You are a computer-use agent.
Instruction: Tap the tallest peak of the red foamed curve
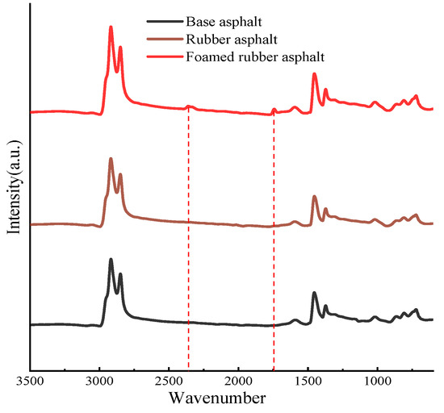coord(111,27)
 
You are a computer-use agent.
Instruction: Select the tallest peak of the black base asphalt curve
coord(111,259)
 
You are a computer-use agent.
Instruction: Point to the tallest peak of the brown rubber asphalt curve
coord(111,158)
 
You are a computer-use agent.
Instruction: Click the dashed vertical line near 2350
coord(188,242)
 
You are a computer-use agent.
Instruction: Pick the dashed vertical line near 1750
coord(274,242)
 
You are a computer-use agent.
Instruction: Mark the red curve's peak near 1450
coord(315,74)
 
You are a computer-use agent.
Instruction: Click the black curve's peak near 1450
coord(315,293)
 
